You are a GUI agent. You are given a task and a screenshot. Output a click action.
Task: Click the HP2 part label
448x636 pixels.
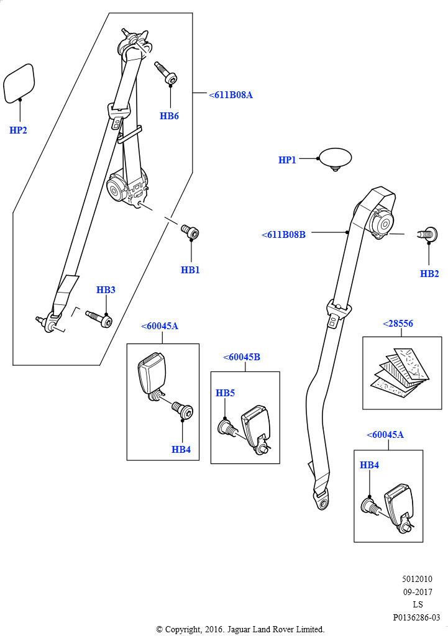(18, 130)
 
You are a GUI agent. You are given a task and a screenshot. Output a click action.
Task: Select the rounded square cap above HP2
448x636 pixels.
(19, 83)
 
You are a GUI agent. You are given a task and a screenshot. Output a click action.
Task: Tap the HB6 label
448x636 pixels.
(169, 116)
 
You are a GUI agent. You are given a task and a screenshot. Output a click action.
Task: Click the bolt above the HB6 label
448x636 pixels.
(166, 73)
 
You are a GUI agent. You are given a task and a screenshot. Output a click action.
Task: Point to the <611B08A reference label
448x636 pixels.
(231, 95)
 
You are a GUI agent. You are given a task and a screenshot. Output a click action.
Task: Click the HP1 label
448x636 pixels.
(287, 160)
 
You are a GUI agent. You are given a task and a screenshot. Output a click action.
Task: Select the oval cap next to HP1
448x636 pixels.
(335, 158)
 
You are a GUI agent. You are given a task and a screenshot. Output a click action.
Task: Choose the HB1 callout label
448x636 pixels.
(190, 270)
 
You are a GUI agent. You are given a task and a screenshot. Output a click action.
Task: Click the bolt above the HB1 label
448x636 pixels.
(190, 232)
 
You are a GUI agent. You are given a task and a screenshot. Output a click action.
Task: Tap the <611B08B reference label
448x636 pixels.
(284, 234)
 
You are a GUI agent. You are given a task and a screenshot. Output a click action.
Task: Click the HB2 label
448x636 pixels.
(429, 274)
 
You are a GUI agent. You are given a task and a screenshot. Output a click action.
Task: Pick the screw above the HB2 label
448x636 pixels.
(427, 234)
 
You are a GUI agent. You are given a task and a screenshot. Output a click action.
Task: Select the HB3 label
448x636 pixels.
(106, 289)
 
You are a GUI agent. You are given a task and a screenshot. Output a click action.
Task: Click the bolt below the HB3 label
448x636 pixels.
(99, 319)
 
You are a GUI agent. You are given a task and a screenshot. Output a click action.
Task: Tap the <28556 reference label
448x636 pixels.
(398, 323)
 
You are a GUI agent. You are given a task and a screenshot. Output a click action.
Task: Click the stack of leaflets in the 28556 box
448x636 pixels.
(400, 371)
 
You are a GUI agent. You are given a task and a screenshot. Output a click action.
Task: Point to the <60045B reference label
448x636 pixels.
(242, 357)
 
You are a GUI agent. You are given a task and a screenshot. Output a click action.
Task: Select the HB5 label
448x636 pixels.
(225, 393)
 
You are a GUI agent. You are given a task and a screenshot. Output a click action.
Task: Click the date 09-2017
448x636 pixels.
(418, 592)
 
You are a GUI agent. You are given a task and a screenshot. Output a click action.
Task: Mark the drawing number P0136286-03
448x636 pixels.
(416, 617)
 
